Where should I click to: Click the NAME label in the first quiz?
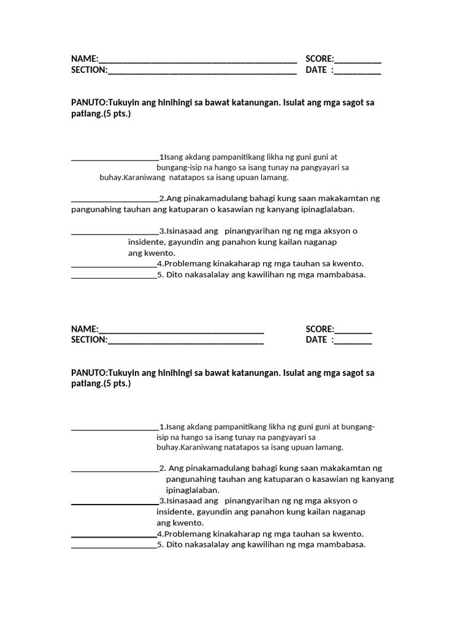(84, 59)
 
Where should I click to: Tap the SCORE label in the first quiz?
(319, 59)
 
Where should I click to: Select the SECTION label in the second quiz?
(89, 340)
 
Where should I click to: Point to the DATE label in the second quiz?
(316, 340)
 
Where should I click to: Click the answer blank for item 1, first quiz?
(115, 158)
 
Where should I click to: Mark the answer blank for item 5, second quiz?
(114, 546)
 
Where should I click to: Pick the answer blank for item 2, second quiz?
(115, 471)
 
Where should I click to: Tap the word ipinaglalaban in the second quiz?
(192, 490)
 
